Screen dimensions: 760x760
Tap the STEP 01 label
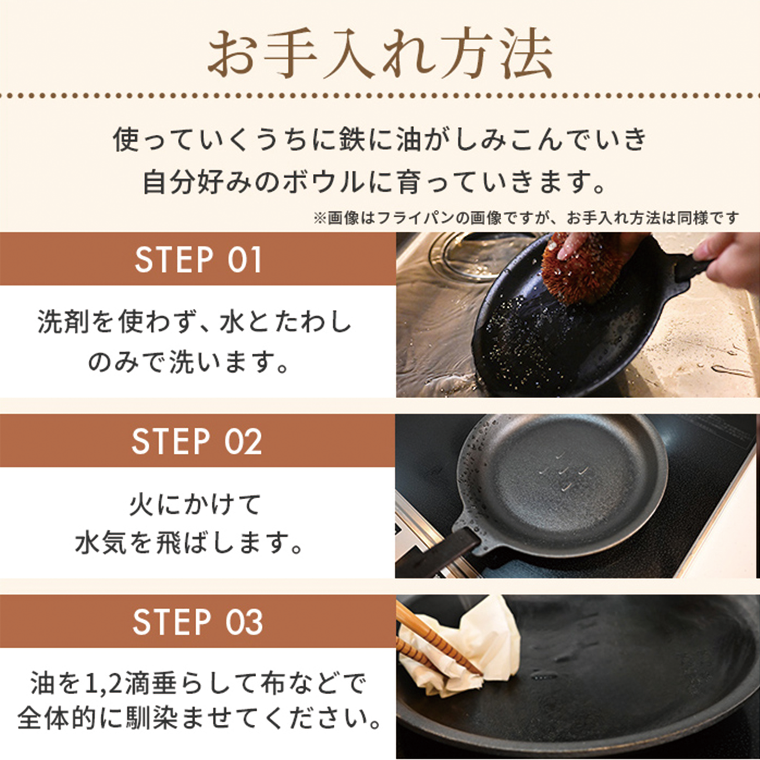[198, 259]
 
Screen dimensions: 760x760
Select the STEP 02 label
[197, 441]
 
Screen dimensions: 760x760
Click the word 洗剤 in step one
[63, 322]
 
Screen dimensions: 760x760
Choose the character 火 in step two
[141, 505]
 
